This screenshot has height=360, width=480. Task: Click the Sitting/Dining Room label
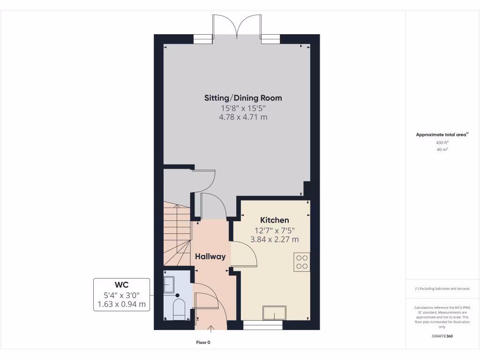coord(243,98)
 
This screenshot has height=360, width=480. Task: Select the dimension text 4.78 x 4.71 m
coord(243,117)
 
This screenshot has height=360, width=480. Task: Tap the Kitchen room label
coord(275,220)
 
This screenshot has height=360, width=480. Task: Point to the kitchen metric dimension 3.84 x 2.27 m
coord(275,240)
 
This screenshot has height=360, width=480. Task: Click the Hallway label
coord(210,256)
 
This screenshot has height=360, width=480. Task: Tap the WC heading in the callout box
coord(122,285)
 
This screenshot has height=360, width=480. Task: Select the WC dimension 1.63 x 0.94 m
coord(122,304)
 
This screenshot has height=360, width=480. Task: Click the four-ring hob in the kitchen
coord(302,262)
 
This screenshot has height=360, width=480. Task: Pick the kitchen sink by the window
coord(274,312)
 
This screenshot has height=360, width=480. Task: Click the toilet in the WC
coord(179,309)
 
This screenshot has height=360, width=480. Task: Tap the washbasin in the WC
coord(169,284)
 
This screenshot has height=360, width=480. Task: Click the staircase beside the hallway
coord(177,233)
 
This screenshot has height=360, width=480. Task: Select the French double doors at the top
coord(237,26)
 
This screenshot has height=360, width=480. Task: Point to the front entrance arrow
coord(210,328)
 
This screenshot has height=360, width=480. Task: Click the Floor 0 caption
coord(203,343)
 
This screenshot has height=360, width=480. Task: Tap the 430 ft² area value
coord(442,142)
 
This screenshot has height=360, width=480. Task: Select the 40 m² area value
coord(442,150)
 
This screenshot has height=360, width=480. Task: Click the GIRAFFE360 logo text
coord(442,336)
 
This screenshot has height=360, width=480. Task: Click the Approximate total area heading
coord(442,135)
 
